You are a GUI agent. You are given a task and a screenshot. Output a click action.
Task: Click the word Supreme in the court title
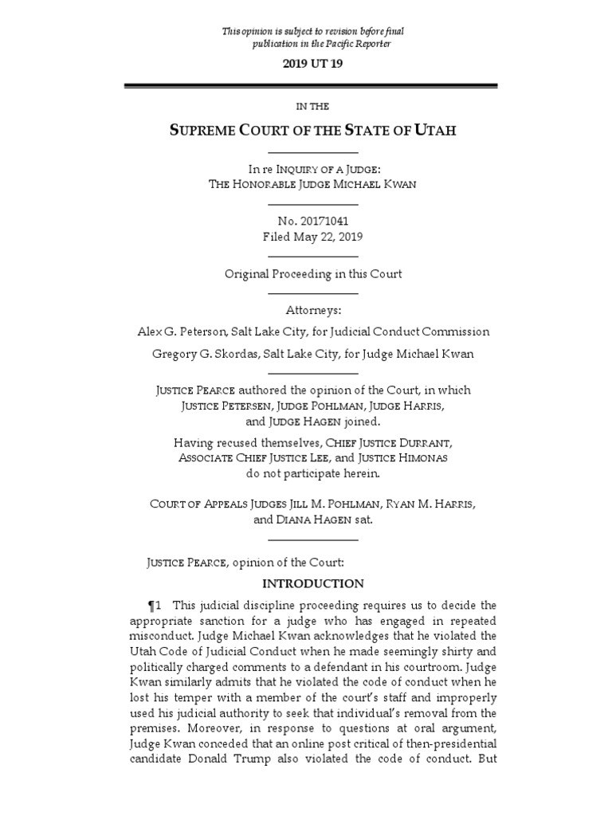206,130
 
